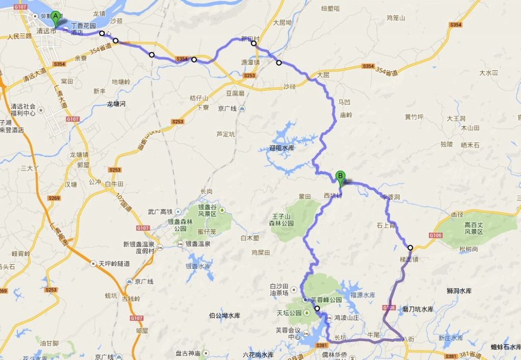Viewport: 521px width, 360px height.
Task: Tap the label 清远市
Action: click(46, 31)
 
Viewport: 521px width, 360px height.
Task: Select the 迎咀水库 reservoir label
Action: click(281, 148)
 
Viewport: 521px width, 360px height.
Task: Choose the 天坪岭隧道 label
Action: click(113, 264)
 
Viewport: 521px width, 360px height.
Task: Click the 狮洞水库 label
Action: click(459, 291)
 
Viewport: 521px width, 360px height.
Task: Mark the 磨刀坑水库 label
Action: click(417, 309)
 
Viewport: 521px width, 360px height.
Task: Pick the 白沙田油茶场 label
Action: click(279, 289)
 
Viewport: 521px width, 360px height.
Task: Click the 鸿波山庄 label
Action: click(347, 317)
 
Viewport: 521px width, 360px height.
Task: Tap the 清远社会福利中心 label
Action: click(23, 109)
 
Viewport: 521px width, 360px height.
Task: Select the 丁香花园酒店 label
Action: click(82, 29)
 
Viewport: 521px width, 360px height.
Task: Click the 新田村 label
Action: click(250, 39)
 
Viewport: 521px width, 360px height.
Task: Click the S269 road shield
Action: click(54, 198)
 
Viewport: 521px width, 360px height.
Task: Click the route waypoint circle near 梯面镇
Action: click(410, 248)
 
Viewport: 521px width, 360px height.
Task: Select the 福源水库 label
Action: click(363, 295)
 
